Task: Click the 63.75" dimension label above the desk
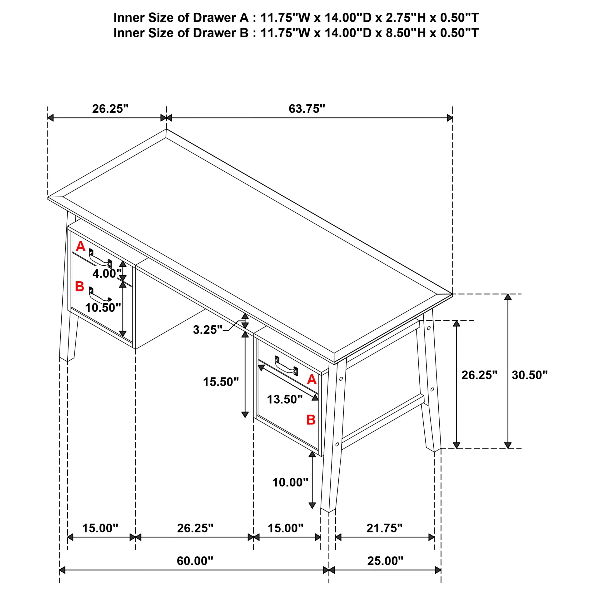[307, 109]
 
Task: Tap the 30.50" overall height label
[530, 375]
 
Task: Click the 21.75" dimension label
[384, 528]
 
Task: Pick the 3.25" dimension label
[208, 330]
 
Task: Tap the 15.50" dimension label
[221, 382]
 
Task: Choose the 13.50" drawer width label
[285, 399]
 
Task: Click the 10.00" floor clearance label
[290, 482]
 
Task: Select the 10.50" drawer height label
[103, 308]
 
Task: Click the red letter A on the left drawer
[80, 246]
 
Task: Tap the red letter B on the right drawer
[311, 420]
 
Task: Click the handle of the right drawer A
[286, 366]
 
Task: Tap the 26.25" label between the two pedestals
[195, 528]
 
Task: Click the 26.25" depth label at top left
[110, 109]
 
